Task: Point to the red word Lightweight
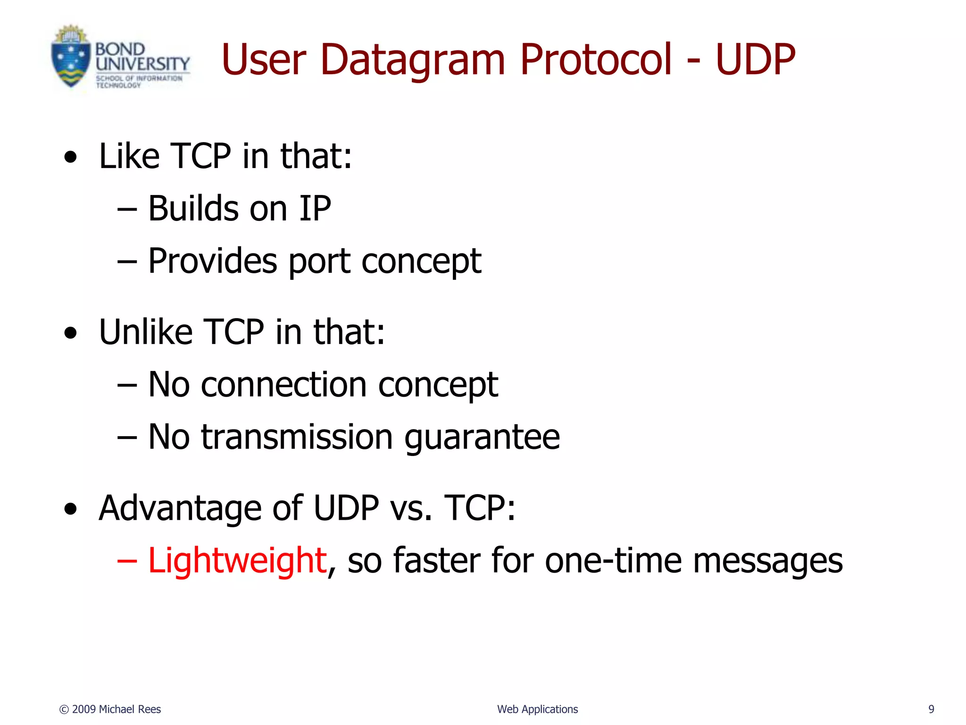[237, 560]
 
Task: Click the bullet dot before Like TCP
[70, 157]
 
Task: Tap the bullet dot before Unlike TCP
[70, 333]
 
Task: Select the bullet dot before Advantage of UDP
[70, 509]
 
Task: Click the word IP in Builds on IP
[315, 208]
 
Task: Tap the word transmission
[297, 437]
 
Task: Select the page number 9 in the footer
[931, 709]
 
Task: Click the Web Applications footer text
[537, 709]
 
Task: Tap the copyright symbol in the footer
[64, 709]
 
